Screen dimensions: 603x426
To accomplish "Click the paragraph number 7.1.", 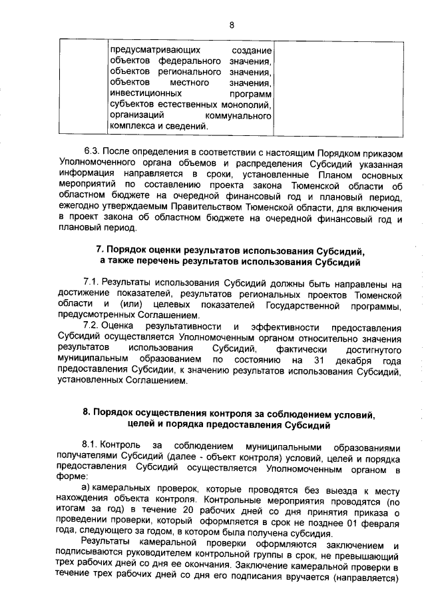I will [91, 283].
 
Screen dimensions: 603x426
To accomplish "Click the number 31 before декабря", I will [312, 360].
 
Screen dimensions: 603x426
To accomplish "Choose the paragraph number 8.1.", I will [91, 444].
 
